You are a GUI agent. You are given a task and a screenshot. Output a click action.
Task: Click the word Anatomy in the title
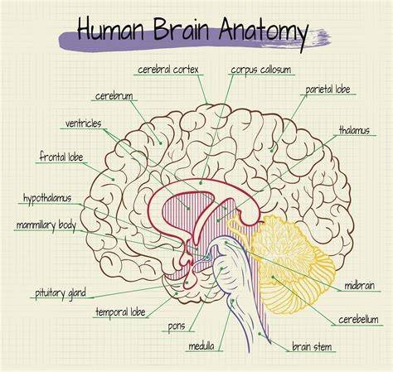point(264,32)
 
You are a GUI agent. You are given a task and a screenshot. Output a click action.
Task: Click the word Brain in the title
point(181,29)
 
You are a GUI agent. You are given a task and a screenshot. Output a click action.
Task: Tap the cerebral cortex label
point(168,70)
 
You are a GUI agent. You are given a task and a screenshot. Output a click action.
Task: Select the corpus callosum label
point(261,70)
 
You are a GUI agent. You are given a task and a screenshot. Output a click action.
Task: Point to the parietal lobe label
point(327,89)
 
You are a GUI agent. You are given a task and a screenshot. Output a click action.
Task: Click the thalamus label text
point(354,130)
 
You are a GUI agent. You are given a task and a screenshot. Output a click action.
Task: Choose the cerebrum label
point(114,96)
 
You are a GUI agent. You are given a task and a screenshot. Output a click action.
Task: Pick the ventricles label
point(83,123)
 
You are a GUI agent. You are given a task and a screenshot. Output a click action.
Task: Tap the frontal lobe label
point(61,157)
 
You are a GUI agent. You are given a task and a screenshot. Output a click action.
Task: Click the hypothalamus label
point(47,198)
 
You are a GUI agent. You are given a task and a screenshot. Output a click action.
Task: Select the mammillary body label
point(46,225)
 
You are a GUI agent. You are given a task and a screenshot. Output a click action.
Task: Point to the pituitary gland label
point(61,293)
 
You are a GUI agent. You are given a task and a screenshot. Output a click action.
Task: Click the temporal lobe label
point(120,312)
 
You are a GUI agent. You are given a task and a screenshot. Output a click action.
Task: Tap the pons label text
point(177,326)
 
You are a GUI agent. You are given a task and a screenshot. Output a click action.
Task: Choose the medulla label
point(201,346)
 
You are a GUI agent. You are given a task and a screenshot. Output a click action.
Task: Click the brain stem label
point(312,346)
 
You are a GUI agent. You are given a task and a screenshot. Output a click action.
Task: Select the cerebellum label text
point(358,320)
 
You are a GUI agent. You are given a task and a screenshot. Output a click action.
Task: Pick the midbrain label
point(359,285)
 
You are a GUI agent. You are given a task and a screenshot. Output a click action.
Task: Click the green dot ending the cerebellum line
point(273,277)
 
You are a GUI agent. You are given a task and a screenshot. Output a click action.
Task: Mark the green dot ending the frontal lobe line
point(113,179)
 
